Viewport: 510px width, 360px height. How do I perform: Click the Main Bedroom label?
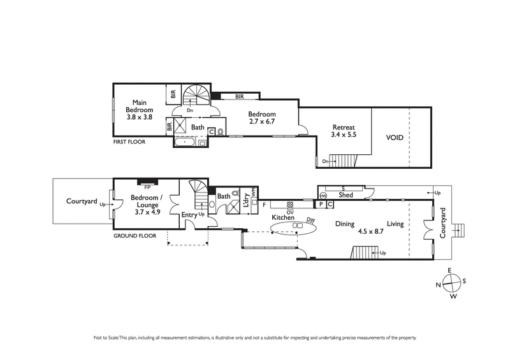[x=139, y=110]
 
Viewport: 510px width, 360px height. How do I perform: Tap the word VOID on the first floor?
[x=395, y=137]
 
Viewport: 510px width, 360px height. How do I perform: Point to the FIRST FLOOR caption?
[x=129, y=142]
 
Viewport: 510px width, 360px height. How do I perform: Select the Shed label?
[x=346, y=195]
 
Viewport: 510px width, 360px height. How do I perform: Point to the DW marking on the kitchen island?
[x=310, y=220]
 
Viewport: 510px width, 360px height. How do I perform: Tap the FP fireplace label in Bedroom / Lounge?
[x=147, y=188]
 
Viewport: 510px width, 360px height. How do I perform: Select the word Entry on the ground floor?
[x=189, y=215]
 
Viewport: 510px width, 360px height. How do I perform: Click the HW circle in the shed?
[x=323, y=195]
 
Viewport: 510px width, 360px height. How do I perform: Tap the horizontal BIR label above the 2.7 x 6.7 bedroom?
[x=239, y=97]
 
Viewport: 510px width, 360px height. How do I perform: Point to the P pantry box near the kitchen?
[x=321, y=205]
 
